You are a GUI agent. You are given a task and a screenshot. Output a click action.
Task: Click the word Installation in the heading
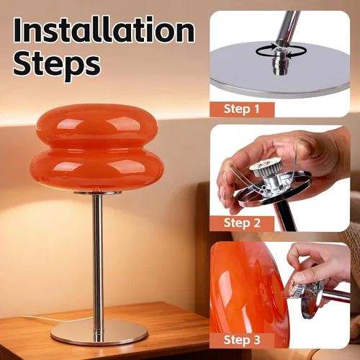pos(104,30)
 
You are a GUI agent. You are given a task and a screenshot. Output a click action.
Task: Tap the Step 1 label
pos(242,109)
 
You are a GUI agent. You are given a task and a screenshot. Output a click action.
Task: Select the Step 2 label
pos(242,223)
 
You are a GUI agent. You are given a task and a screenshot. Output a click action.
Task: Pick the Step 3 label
pos(242,340)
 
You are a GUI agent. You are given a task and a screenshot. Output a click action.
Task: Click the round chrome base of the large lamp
pos(99,333)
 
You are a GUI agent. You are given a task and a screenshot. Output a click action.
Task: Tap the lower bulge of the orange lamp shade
pos(96,168)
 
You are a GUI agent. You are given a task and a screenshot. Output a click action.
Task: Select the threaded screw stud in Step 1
pos(278,62)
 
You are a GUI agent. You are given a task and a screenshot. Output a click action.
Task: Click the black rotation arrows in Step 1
pos(281,51)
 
